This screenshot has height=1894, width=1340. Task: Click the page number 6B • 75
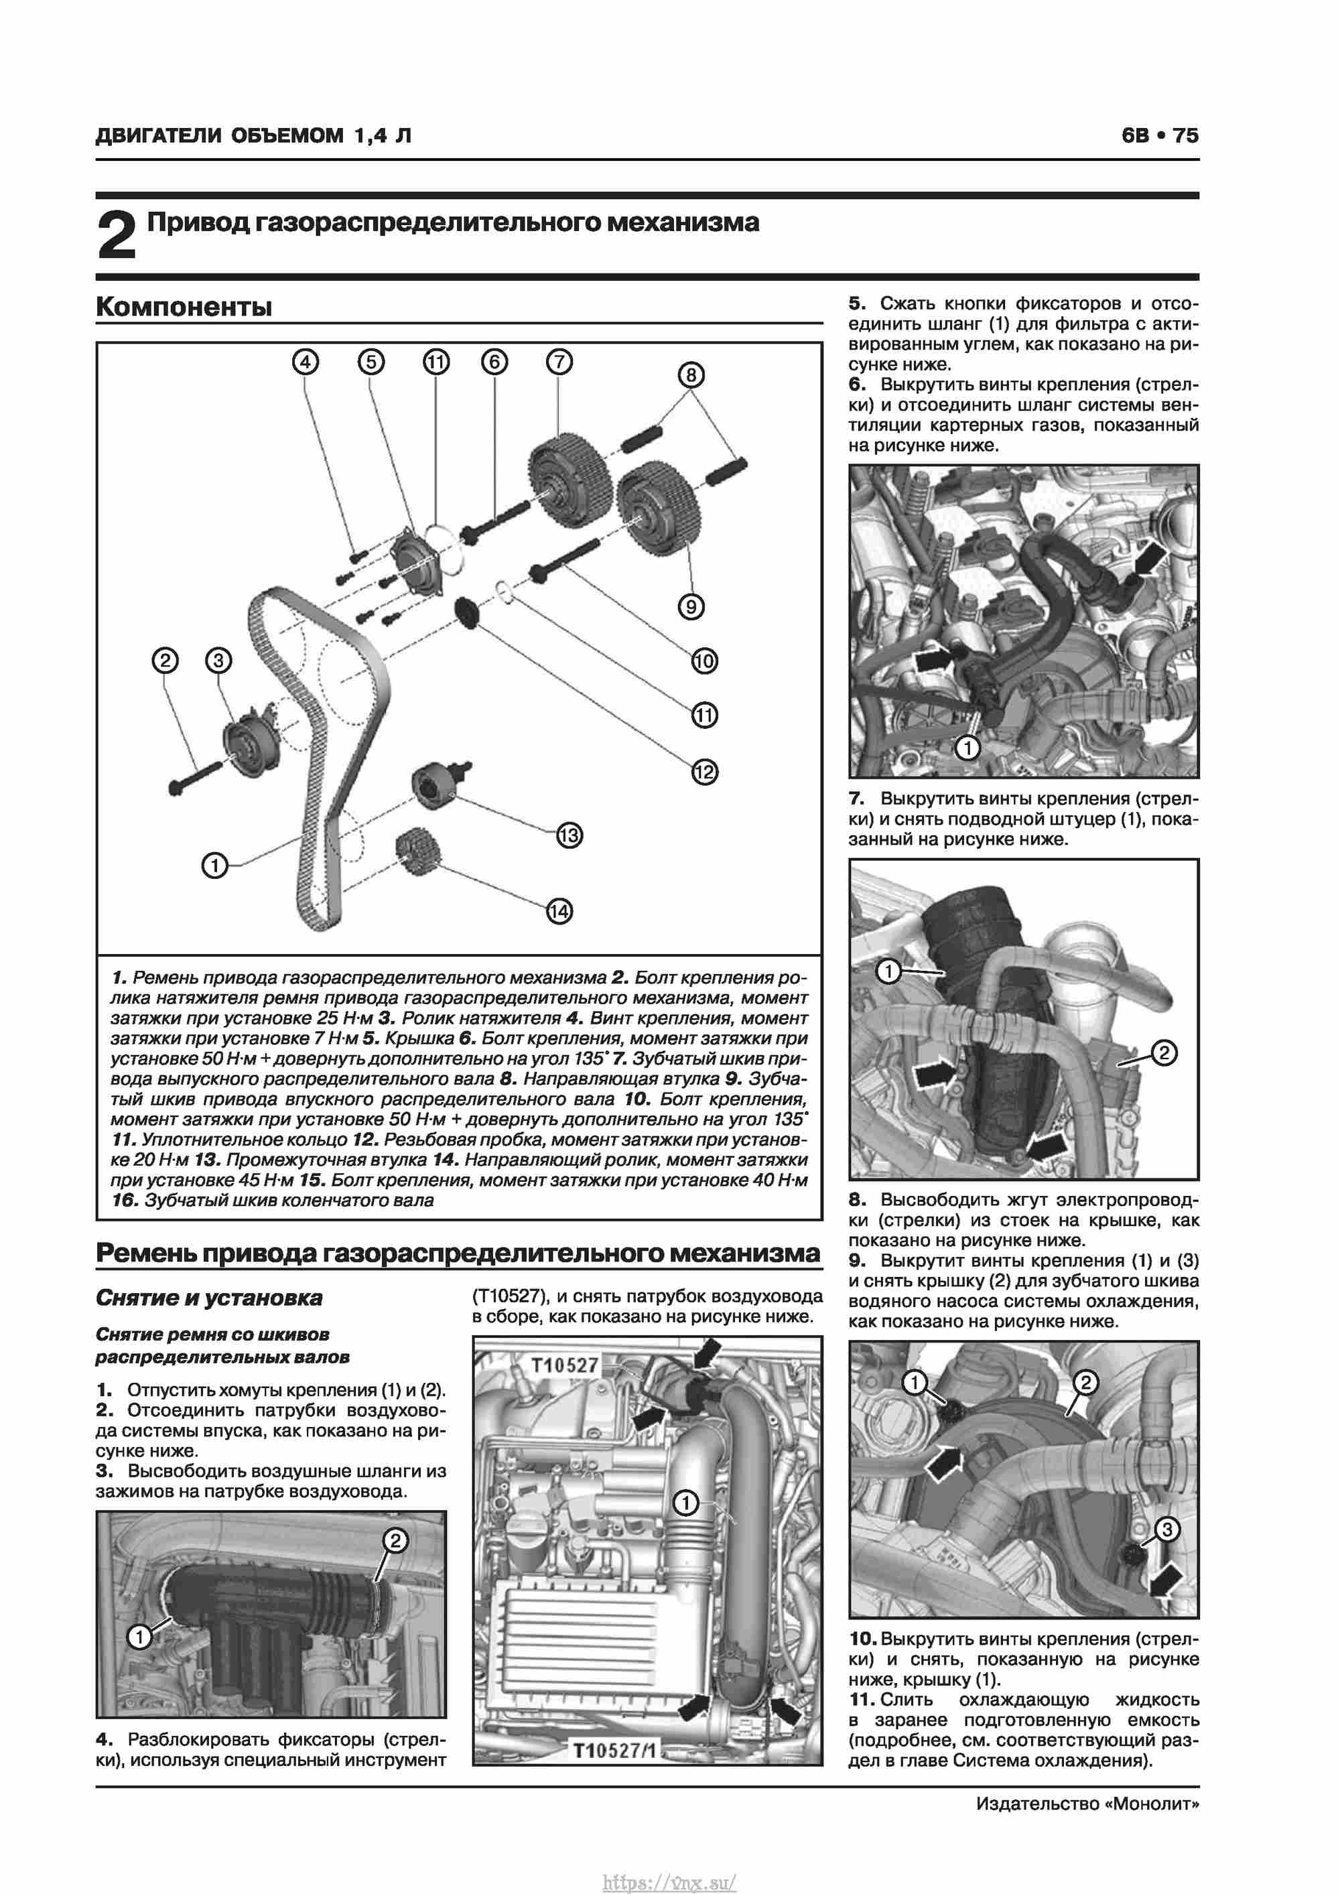coord(1159,135)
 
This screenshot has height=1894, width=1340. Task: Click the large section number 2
coord(117,235)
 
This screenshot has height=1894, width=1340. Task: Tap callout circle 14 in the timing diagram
coord(559,912)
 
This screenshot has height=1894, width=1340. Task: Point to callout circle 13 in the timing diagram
coord(569,835)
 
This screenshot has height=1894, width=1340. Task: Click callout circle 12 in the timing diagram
coord(703,772)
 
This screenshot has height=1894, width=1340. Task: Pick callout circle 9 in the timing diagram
coord(691,607)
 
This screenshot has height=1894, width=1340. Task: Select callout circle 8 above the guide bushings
coord(691,375)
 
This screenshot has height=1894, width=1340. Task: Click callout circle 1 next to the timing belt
coord(214,866)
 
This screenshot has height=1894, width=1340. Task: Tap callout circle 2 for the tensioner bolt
coord(165,660)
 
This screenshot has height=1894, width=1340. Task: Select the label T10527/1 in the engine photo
coord(614,1773)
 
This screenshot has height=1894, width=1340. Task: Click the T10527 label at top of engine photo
coord(564,1365)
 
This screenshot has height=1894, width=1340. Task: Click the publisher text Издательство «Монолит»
coord(1087,1804)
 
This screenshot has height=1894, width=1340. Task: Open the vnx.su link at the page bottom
coord(669,1876)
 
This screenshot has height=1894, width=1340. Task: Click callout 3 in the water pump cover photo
coord(1166,1530)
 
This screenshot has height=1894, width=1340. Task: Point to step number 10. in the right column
coord(863,1639)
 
